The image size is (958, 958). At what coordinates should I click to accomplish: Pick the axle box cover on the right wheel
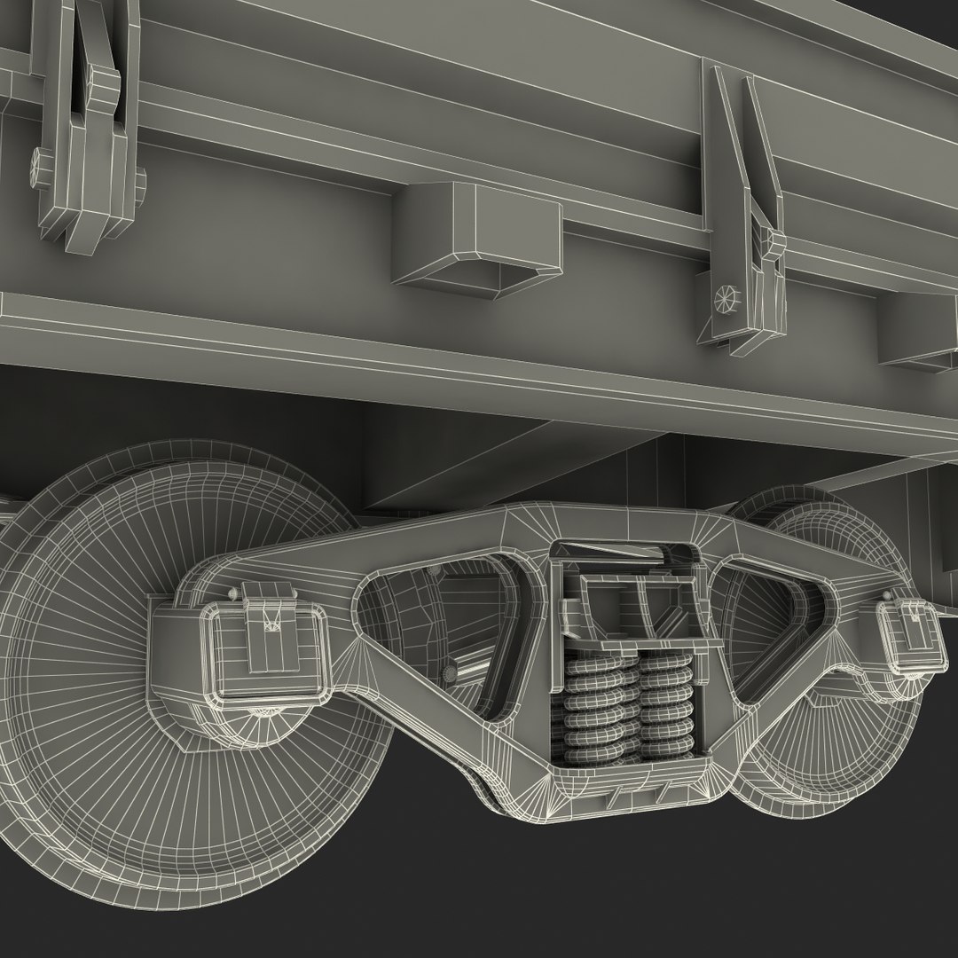tap(908, 633)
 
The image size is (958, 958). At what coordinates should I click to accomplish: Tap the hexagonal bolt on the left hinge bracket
tap(40, 164)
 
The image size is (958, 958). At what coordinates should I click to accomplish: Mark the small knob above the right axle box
tap(887, 596)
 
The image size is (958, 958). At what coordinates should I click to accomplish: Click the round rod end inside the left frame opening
tap(454, 673)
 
